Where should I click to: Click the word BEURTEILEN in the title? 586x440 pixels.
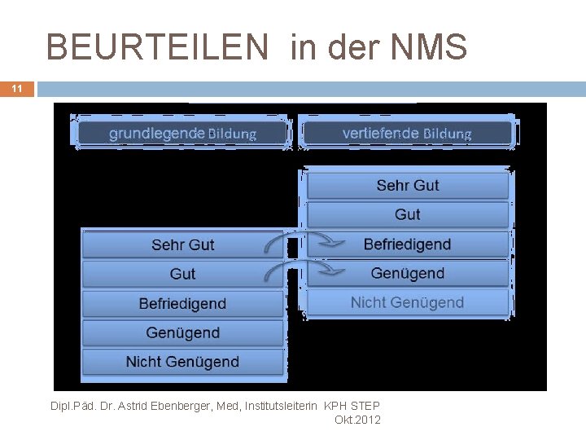point(156,48)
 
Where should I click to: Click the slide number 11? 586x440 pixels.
point(17,89)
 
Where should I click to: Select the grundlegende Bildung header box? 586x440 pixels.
point(182,134)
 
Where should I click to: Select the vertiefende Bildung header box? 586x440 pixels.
point(407,133)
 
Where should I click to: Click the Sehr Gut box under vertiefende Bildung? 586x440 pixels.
point(407,186)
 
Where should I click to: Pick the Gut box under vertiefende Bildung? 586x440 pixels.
point(407,215)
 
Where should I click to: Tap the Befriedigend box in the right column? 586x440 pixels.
point(407,244)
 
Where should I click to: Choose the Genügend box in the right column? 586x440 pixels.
point(407,274)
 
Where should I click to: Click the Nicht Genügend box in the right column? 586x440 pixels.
point(407,303)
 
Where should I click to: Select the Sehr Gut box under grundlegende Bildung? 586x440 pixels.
point(182,245)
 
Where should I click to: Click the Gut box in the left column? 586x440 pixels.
point(182,275)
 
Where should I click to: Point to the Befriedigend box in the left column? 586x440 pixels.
point(182,304)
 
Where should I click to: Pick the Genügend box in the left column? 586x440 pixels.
point(182,333)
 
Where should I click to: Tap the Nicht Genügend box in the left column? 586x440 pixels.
point(182,362)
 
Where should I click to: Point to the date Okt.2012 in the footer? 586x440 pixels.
point(357,420)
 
